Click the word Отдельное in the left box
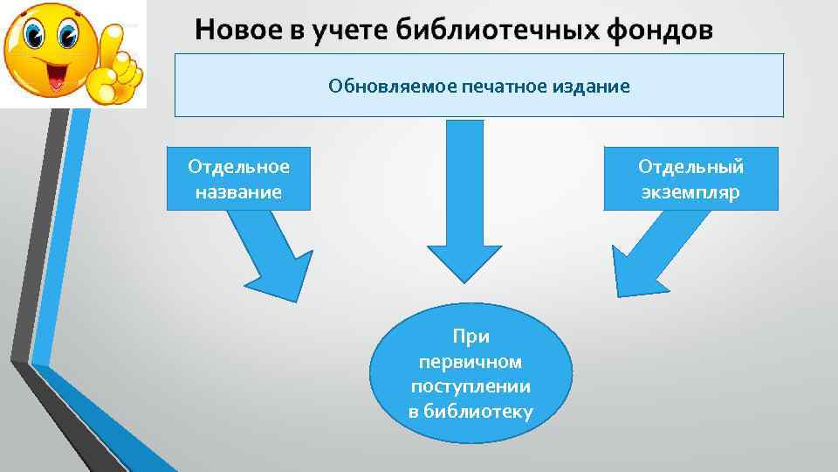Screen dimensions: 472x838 [x=238, y=166]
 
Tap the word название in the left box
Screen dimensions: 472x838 [x=238, y=191]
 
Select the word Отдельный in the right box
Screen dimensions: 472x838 [x=690, y=166]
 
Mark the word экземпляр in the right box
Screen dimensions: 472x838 [x=690, y=191]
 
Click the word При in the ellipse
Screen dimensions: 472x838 [x=471, y=337]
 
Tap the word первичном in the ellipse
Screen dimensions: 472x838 [x=471, y=361]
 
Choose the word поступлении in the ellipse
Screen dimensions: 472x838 [x=471, y=385]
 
